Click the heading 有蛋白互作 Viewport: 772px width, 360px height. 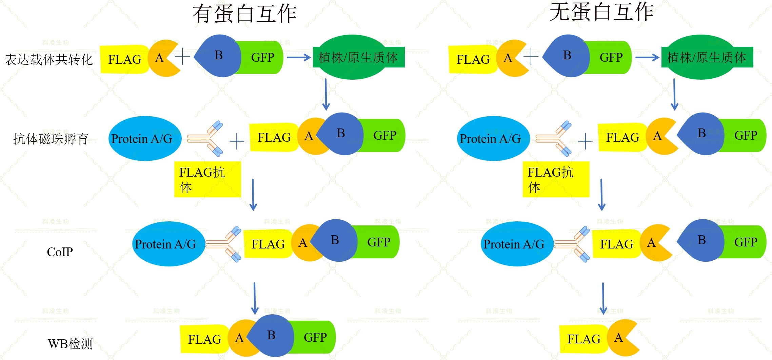click(x=244, y=14)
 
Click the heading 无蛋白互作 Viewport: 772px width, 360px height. click(x=601, y=12)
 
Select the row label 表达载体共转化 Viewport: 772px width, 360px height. click(x=48, y=60)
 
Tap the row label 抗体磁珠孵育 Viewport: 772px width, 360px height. click(x=51, y=139)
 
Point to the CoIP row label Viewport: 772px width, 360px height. click(x=60, y=252)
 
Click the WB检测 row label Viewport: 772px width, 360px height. click(x=70, y=344)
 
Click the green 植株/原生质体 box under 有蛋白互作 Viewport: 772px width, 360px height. click(x=358, y=57)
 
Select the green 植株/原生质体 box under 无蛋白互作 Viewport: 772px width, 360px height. click(x=707, y=57)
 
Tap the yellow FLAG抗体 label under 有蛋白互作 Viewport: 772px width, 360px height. click(x=207, y=179)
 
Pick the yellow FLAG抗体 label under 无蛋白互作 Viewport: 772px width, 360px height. click(x=556, y=179)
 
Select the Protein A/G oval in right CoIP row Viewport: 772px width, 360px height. click(x=514, y=244)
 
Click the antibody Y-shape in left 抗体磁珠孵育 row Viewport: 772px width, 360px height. click(x=207, y=138)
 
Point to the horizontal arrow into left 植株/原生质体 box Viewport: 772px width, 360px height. click(x=298, y=57)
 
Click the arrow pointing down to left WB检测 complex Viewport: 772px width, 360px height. click(x=255, y=298)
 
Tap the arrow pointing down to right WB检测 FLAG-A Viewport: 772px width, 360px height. click(x=603, y=298)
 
